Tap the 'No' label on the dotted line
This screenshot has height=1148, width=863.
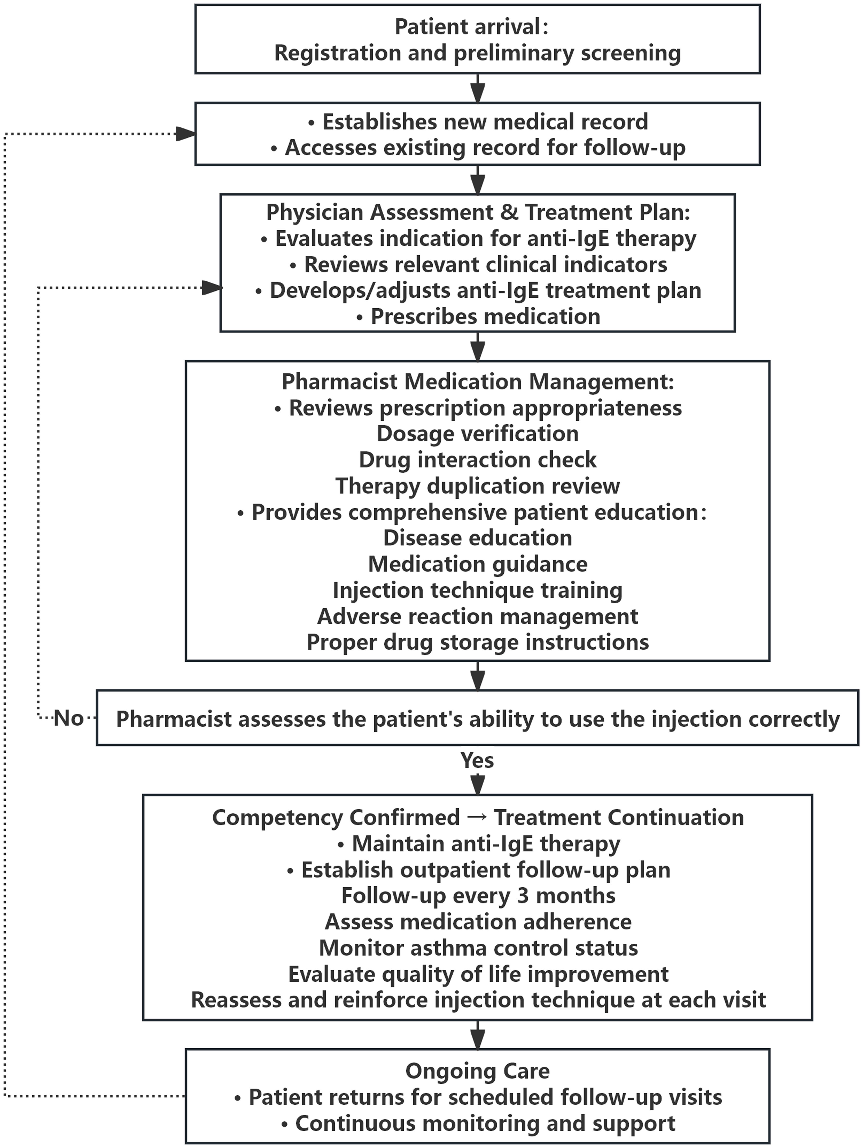pos(68,718)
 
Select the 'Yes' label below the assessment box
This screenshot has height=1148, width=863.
pos(477,760)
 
